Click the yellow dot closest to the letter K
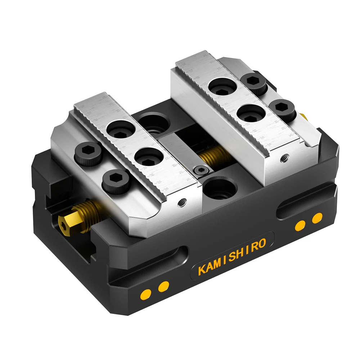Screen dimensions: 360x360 point(164,286)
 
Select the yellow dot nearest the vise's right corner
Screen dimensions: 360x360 point(317,218)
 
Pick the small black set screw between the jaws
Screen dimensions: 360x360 point(199,171)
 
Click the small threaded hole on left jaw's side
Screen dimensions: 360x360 point(180,204)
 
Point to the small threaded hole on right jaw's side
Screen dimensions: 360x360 point(284,157)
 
